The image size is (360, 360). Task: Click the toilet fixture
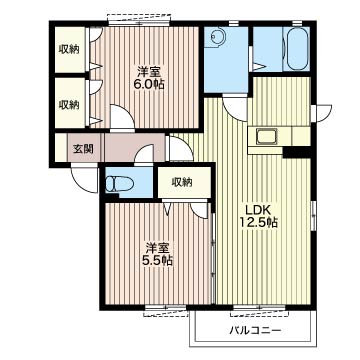click(118, 184)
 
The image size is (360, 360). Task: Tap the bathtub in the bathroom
click(296, 48)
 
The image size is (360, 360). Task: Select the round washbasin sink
click(212, 37)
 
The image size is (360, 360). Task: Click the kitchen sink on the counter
click(267, 137)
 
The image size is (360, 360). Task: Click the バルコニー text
click(255, 331)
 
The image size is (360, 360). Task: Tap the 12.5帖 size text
click(259, 222)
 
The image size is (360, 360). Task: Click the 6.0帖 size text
click(149, 84)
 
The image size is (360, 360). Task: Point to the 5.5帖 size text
click(158, 260)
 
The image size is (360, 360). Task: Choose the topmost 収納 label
click(69, 49)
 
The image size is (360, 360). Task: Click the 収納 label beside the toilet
click(182, 182)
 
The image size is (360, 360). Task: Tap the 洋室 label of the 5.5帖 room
click(158, 248)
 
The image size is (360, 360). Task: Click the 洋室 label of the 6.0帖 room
click(149, 72)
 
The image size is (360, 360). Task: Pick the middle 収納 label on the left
click(69, 105)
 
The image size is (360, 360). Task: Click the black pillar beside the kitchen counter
click(297, 152)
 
